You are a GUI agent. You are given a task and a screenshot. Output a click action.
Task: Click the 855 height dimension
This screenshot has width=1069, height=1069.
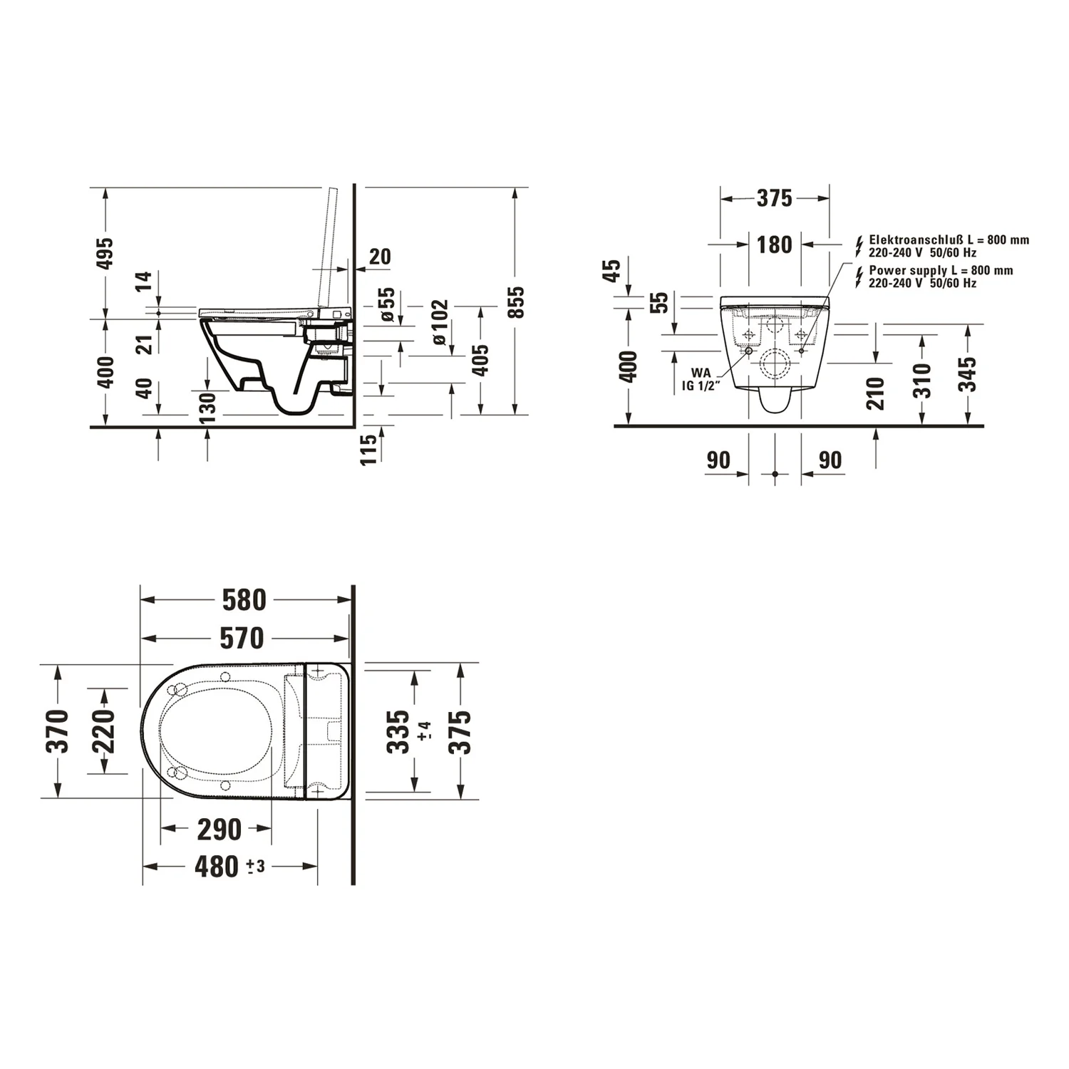click(x=516, y=301)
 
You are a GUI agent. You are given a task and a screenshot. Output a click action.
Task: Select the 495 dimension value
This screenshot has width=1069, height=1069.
click(x=105, y=254)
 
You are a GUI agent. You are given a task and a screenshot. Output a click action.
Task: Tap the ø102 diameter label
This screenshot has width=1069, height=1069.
click(x=440, y=322)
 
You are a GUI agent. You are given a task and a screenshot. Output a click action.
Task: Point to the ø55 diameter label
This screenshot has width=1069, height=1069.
click(x=386, y=304)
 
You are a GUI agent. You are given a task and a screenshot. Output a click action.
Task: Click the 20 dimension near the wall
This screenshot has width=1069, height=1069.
click(x=381, y=257)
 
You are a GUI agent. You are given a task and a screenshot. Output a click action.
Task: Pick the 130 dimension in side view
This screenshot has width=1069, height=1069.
click(x=207, y=408)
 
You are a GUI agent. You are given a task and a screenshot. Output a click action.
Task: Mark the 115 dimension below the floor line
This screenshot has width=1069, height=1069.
click(x=368, y=450)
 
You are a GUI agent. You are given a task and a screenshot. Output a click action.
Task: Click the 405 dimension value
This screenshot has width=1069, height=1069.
click(x=481, y=359)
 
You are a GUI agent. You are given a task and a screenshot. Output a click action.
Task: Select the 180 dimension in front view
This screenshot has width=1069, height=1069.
click(x=774, y=244)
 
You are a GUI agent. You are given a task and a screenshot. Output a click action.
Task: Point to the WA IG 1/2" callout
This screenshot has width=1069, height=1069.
click(x=701, y=378)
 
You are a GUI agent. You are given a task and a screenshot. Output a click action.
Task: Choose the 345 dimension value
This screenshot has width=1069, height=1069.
click(x=967, y=374)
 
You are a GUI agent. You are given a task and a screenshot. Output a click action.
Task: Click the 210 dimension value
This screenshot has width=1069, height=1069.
click(x=876, y=393)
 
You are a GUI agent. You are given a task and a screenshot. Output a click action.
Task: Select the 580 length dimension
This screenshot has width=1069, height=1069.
click(x=244, y=600)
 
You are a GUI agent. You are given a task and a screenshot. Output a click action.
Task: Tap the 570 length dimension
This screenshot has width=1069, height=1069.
click(x=242, y=639)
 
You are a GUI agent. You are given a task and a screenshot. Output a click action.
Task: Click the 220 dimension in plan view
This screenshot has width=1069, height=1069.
click(x=103, y=731)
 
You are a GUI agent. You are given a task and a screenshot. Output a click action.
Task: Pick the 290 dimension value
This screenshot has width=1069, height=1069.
click(x=219, y=829)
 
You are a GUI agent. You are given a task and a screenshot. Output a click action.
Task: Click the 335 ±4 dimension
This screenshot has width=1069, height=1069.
click(x=401, y=731)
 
